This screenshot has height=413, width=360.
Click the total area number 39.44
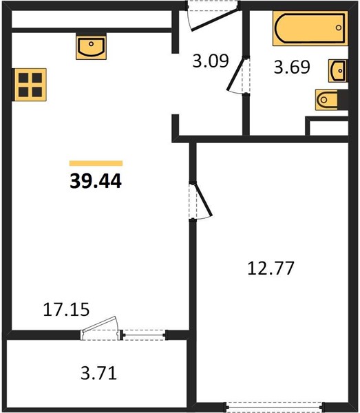tap(96, 181)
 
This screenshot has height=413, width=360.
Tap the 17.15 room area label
tap(66, 310)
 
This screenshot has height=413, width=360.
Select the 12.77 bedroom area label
tap(271, 268)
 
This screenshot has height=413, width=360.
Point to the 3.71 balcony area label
tap(98, 373)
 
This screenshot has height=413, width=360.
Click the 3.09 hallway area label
tap(211, 61)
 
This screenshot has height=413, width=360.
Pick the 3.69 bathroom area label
tap(292, 67)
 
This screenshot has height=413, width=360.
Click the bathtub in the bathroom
tap(310, 28)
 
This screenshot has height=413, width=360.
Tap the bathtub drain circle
tap(339, 28)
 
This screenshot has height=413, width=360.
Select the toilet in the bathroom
tap(326, 100)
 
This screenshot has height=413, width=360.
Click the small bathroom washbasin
tap(337, 71)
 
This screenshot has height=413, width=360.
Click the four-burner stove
tap(30, 85)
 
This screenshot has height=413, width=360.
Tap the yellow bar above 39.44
tap(96, 163)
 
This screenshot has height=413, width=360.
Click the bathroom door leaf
tap(235, 74)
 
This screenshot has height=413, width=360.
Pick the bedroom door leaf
tap(203, 200)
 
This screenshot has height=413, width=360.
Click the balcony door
tap(101, 328)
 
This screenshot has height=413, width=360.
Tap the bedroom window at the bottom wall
tap(275, 407)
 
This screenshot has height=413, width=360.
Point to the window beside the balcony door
tap(145, 335)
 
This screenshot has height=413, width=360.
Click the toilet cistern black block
tap(343, 100)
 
